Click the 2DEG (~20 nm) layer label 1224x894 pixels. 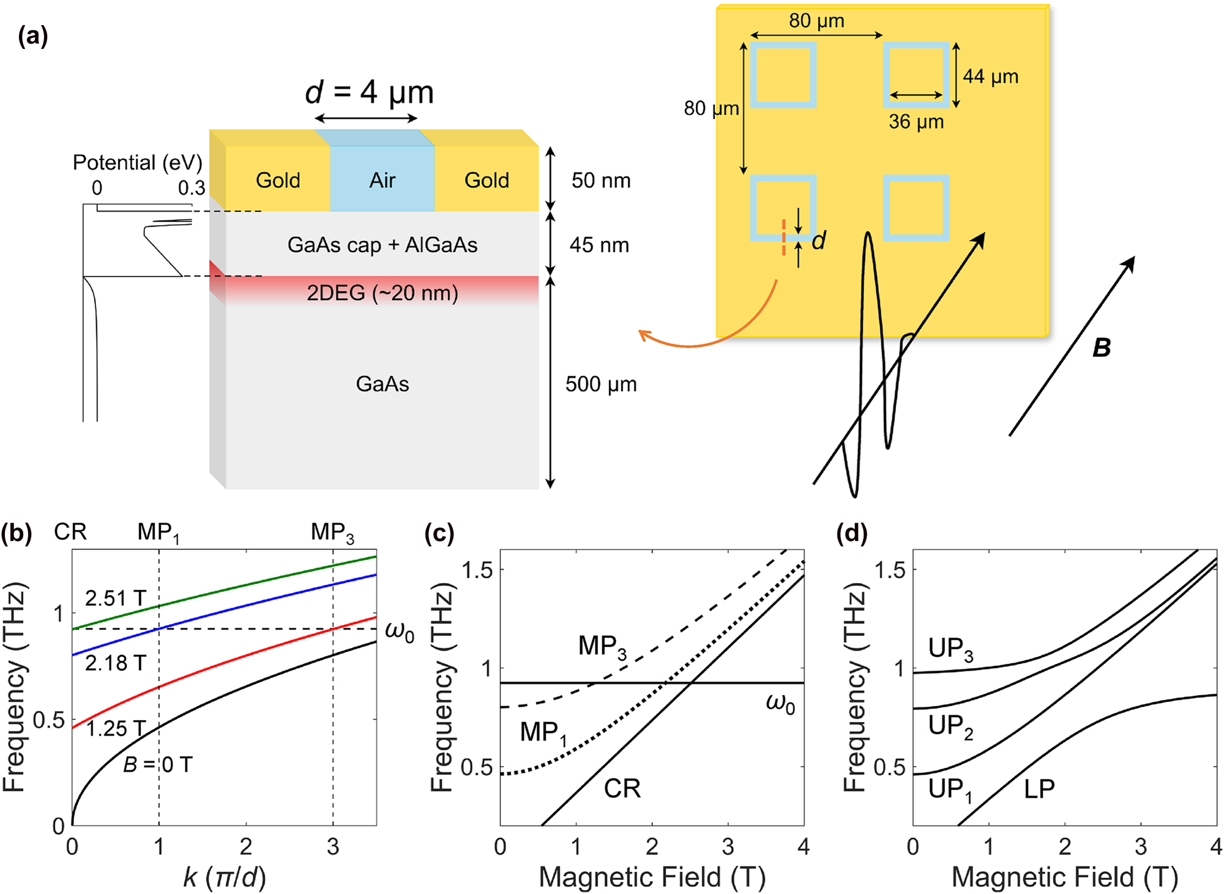[382, 293]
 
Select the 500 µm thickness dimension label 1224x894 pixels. [601, 384]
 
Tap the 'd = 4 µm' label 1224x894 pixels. [369, 92]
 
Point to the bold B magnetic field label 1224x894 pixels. [1101, 348]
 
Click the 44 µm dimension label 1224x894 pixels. [991, 76]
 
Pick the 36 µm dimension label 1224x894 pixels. [916, 122]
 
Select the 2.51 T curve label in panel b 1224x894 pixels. [115, 598]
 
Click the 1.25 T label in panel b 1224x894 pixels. [115, 728]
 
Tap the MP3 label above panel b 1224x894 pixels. [332, 532]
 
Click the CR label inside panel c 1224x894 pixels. [622, 788]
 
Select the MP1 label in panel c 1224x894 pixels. [543, 732]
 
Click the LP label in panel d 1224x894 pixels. [1039, 789]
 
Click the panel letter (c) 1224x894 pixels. [439, 533]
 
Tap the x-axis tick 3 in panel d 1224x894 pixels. [1141, 846]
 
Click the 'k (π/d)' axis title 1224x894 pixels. [225, 877]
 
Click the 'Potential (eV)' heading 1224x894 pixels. [137, 163]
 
